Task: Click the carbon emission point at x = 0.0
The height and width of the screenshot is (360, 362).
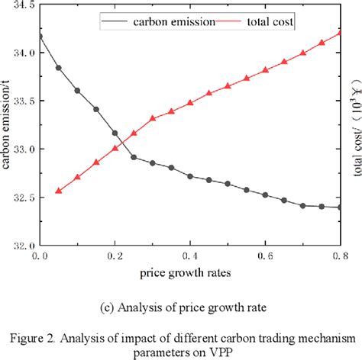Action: tap(40, 35)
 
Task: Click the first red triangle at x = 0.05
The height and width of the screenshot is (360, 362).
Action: tap(59, 191)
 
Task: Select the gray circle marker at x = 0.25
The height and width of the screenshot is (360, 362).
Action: tap(134, 157)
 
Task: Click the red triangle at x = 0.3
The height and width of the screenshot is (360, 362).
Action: tap(153, 118)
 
